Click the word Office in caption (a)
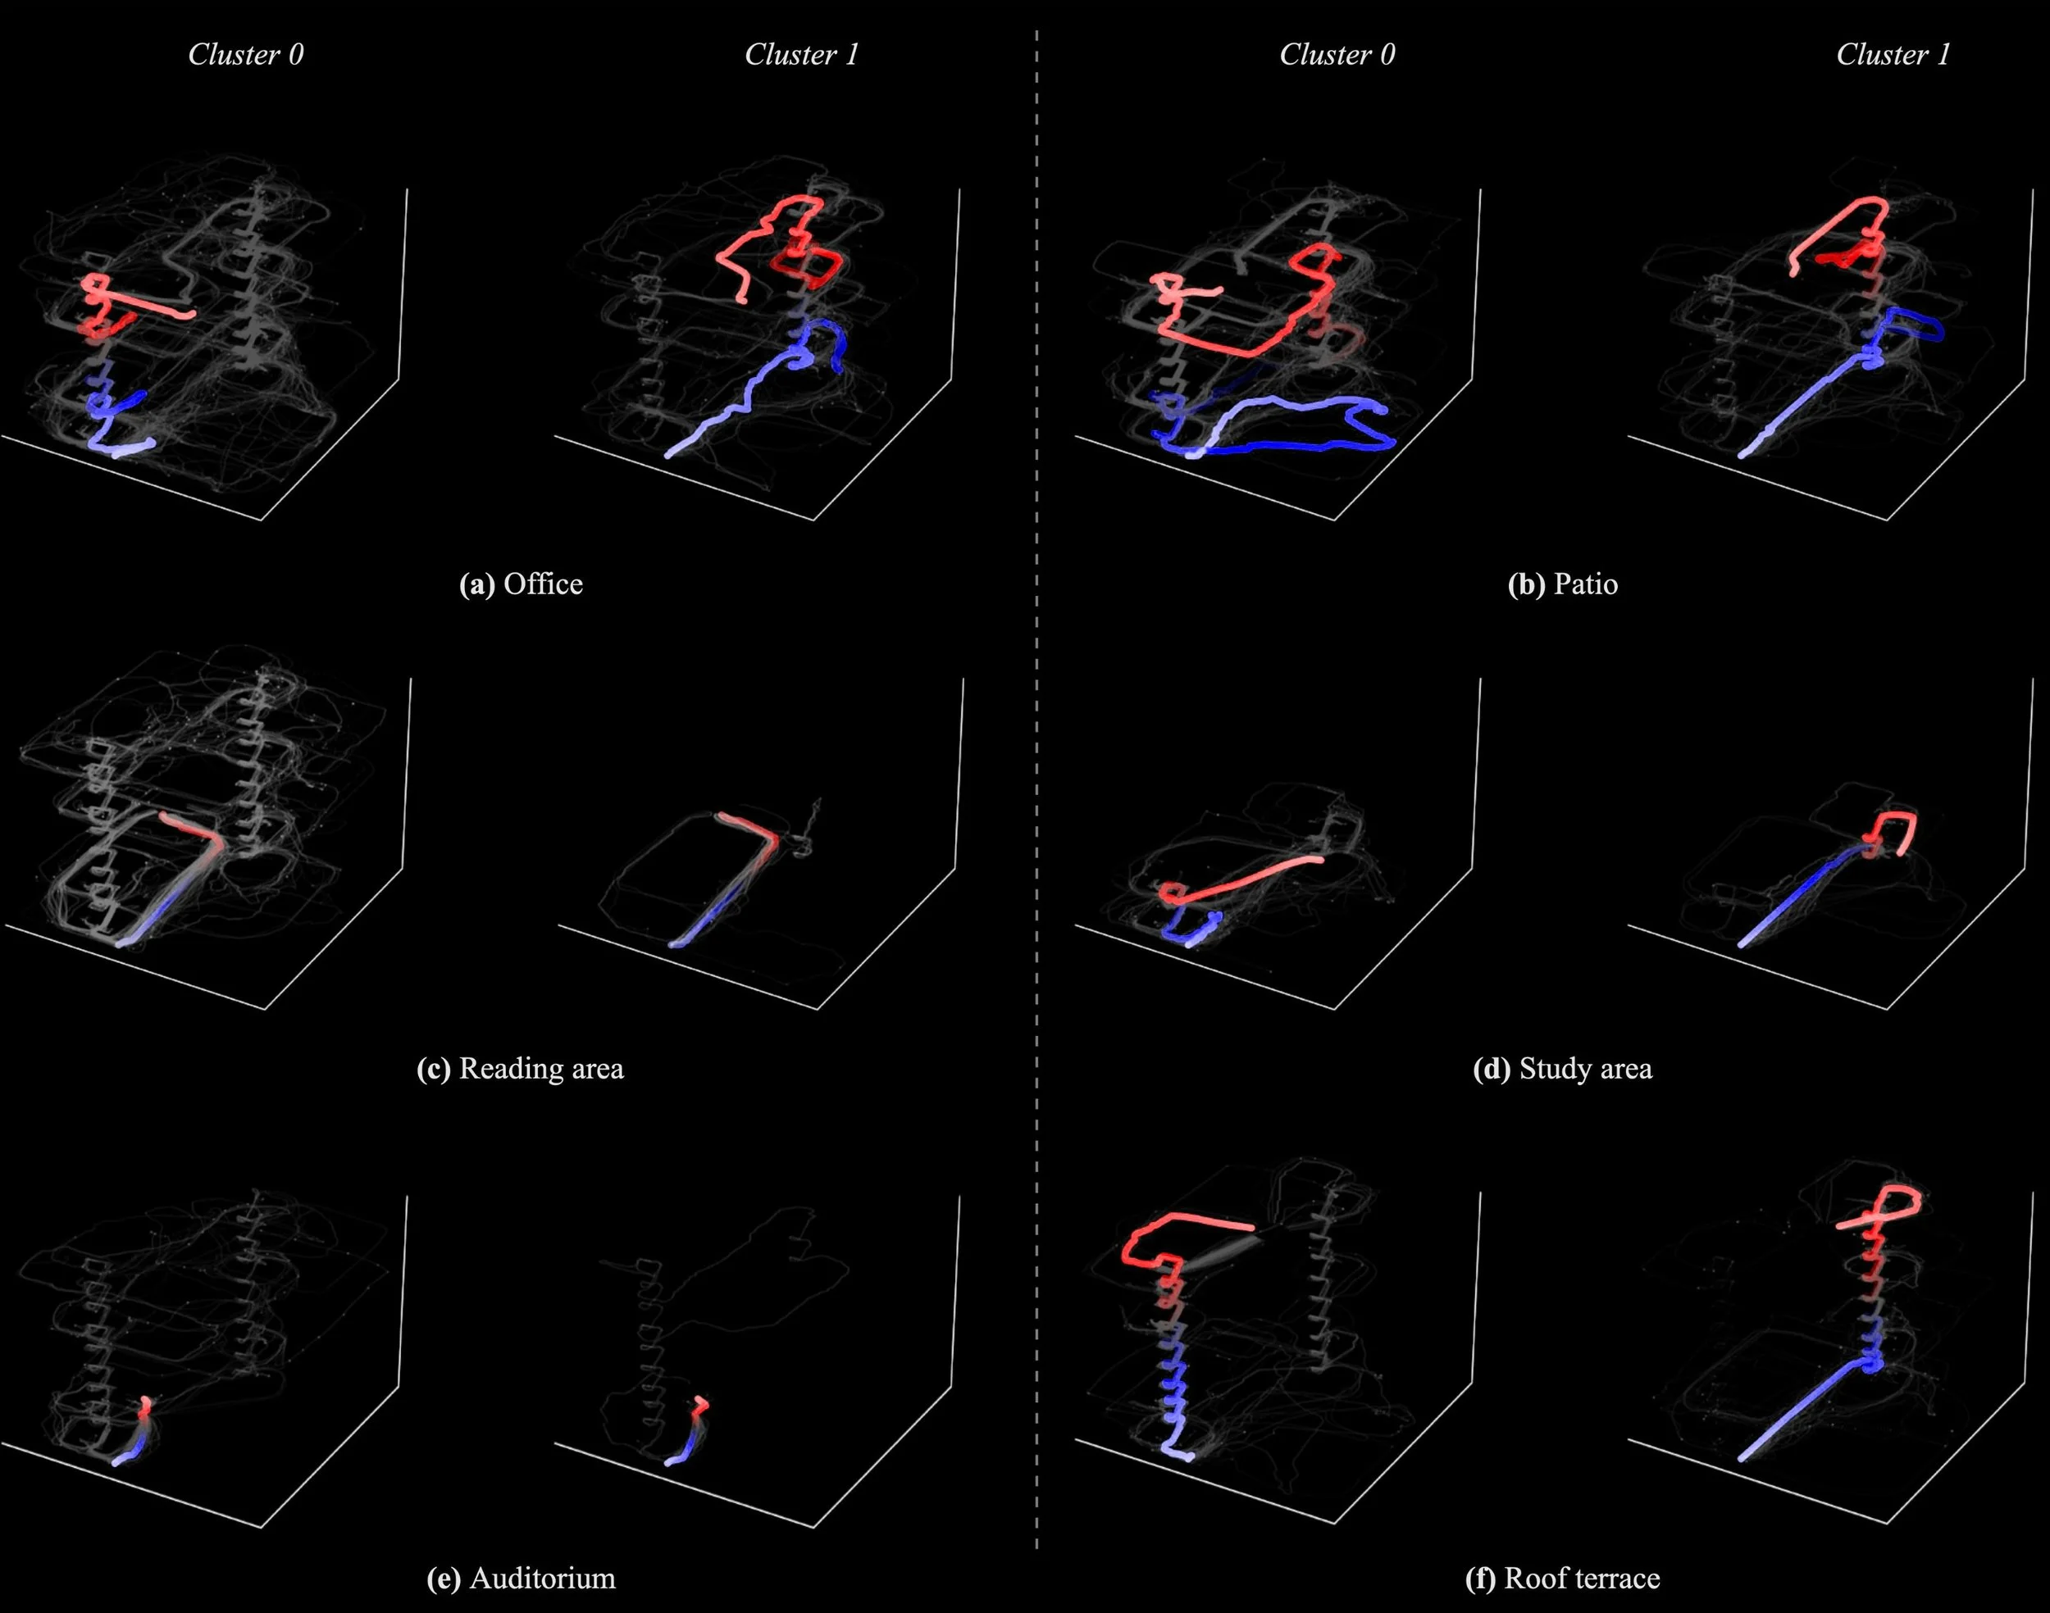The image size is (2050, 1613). point(543,584)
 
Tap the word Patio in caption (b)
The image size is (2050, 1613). point(1585,584)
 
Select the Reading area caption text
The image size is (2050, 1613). point(540,1069)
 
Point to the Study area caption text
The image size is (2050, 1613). point(1585,1069)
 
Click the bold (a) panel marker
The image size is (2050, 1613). point(477,584)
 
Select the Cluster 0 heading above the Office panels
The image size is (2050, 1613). point(246,55)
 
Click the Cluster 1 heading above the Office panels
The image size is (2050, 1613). point(801,55)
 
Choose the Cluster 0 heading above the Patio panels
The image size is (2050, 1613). point(1337,55)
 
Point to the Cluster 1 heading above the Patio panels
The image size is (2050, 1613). point(1893,55)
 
